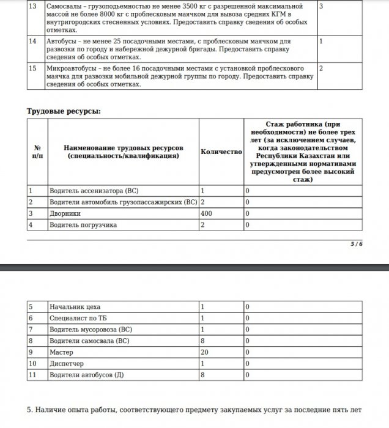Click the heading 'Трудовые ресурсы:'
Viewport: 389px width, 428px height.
pos(64,111)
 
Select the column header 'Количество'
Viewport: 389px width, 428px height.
pos(221,151)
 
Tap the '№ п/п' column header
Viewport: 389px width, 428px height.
pos(37,152)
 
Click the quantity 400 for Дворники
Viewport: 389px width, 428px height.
pos(207,213)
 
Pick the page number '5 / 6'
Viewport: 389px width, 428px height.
pos(357,244)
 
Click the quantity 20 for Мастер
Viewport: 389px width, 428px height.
pos(205,353)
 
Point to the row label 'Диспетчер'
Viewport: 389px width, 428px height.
pos(67,364)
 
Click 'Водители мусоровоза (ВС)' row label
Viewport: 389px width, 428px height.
pos(91,330)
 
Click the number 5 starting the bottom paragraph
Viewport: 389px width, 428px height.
pos(31,410)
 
